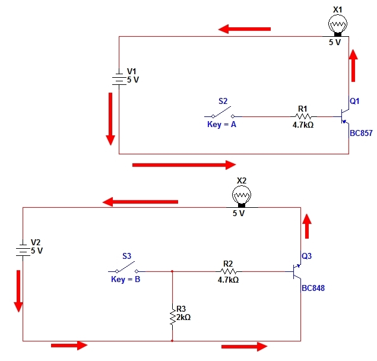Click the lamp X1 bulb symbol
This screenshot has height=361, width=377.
click(x=338, y=25)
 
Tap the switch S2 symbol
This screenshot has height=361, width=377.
click(x=223, y=113)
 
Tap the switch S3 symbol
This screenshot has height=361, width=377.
click(x=126, y=268)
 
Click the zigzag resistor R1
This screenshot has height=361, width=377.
click(x=303, y=116)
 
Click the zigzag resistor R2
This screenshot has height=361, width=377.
click(x=229, y=271)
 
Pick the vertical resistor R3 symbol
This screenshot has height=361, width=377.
click(x=172, y=316)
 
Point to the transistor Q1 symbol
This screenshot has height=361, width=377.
click(x=344, y=116)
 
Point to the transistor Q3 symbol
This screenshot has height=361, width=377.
click(x=296, y=271)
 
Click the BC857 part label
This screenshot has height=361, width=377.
click(x=361, y=133)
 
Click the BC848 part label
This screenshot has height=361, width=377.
click(x=313, y=288)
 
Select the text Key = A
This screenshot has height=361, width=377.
click(x=221, y=125)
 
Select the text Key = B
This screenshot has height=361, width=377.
click(x=125, y=280)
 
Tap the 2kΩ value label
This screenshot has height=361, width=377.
click(x=183, y=318)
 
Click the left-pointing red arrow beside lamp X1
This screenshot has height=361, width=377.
click(x=244, y=29)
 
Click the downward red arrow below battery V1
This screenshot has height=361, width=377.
click(x=110, y=119)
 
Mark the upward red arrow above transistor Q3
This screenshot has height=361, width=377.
click(x=307, y=226)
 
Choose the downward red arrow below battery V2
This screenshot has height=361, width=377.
click(x=18, y=292)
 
